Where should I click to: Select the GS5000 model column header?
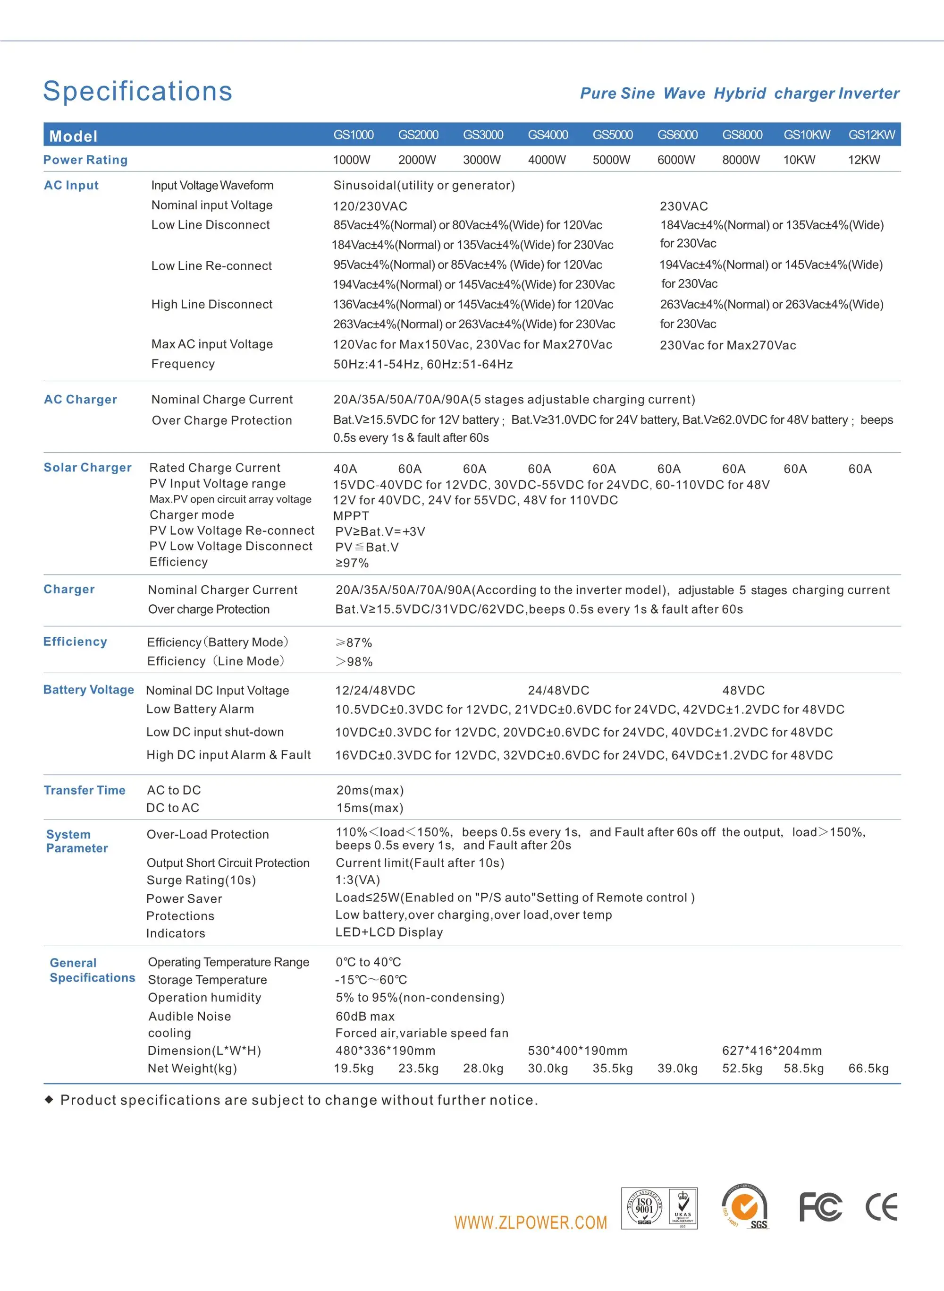pos(613,135)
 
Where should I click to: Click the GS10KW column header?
pos(806,135)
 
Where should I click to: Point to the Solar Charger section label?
pos(87,468)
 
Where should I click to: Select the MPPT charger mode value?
pos(351,516)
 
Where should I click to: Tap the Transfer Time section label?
pos(84,790)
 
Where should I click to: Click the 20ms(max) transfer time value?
pos(370,790)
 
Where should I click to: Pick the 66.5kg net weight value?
pos(868,1069)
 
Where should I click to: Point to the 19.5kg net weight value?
pos(353,1069)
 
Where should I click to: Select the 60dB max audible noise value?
pos(364,1017)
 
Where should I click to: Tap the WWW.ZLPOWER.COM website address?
pos(530,1223)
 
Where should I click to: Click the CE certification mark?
pos(881,1207)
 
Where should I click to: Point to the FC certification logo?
pos(820,1207)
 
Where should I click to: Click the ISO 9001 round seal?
pos(644,1207)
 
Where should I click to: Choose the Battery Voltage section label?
pos(89,690)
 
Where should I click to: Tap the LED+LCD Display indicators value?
pos(388,932)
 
